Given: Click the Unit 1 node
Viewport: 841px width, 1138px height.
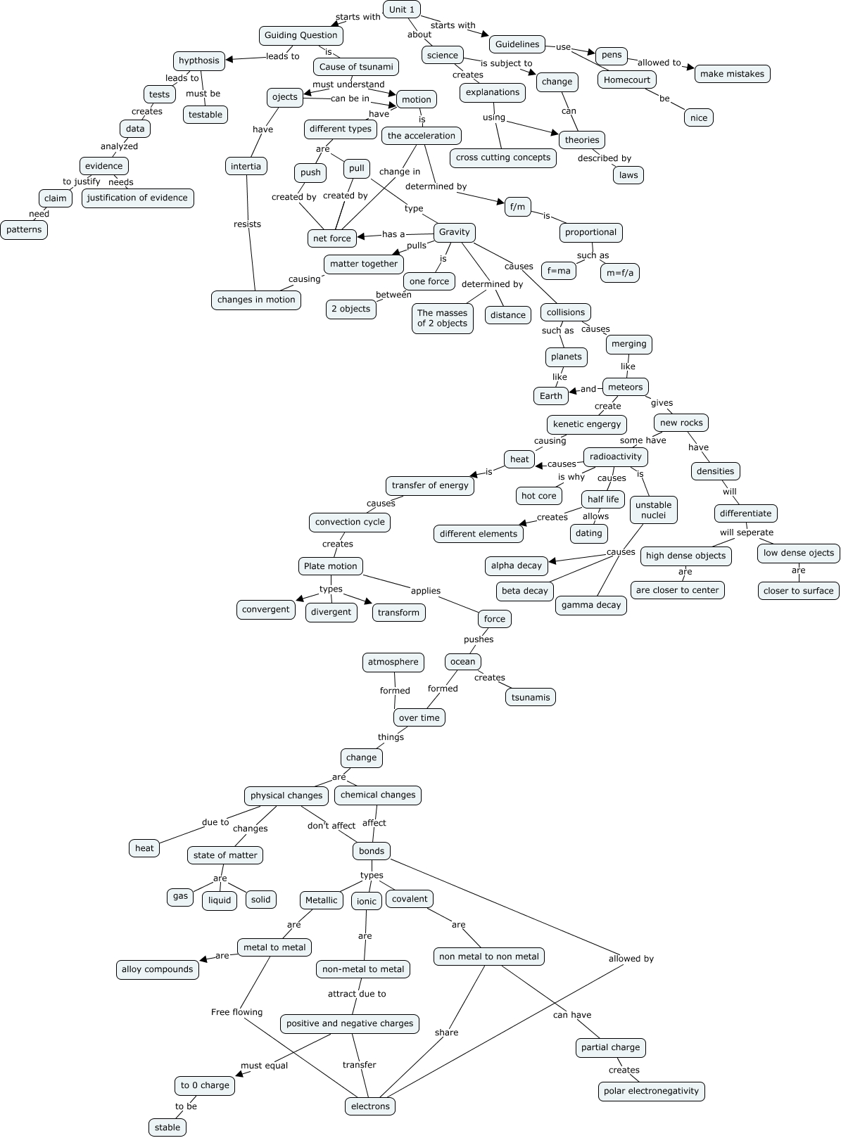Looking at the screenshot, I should point(402,9).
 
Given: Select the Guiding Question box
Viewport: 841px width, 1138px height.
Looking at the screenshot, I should point(301,35).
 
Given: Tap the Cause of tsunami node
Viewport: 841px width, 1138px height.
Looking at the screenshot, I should point(356,67).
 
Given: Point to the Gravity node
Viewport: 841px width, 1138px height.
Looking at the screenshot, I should point(454,232).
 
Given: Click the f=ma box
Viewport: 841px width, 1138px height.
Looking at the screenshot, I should point(559,270).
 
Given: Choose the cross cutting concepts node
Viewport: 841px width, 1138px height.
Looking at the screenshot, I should point(502,158).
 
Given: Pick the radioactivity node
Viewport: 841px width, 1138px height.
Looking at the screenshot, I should point(615,456).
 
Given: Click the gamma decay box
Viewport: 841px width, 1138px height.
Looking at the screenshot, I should point(591,605).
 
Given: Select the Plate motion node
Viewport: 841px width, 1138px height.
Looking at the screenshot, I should point(331,566).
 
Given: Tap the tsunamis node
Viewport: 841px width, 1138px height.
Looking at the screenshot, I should point(531,697).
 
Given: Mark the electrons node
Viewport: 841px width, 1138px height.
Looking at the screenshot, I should point(370,1106).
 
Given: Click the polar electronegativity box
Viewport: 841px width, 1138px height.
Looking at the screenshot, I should point(651,1091).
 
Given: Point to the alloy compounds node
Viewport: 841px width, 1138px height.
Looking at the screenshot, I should point(157,969).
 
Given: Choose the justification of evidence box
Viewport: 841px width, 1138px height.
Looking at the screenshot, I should point(137,198).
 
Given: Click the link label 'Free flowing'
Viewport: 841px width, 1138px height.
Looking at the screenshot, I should point(236,1012).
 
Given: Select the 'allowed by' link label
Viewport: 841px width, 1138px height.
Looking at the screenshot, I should point(631,959).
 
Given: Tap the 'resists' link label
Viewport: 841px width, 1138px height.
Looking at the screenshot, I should point(247,224).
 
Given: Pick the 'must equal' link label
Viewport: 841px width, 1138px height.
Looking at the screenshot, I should point(264,1065).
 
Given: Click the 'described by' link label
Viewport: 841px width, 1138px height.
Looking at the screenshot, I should point(604,158).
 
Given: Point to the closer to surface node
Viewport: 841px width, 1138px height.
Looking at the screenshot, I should point(798,591).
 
